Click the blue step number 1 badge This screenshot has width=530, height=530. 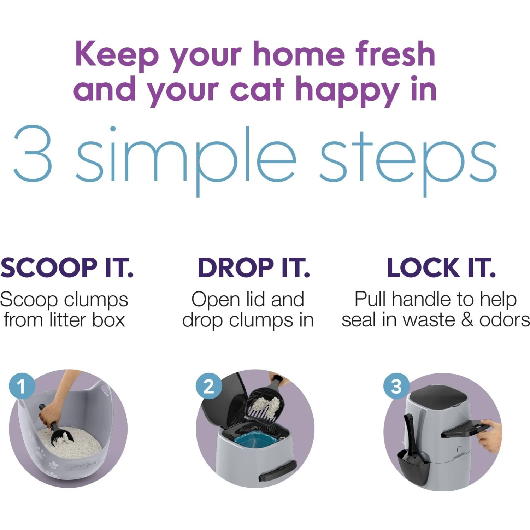click(x=22, y=386)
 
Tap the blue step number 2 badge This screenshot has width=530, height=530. click(x=209, y=386)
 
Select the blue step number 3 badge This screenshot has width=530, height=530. click(x=396, y=386)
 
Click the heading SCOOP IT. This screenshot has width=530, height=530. click(x=67, y=268)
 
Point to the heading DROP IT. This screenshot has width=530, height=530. click(x=254, y=268)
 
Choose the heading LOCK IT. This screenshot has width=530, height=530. click(x=441, y=268)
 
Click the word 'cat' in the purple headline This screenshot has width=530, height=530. click(x=257, y=89)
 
